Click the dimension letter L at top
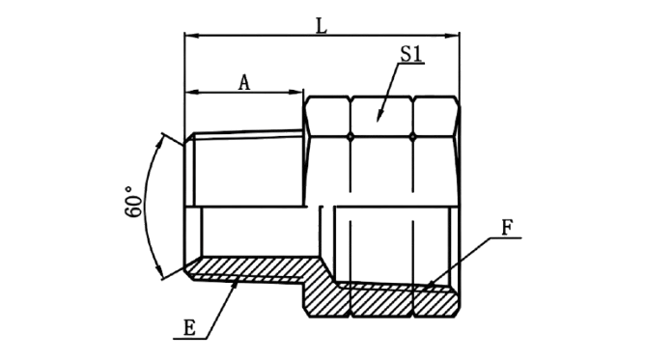[321, 26]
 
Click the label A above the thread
[244, 82]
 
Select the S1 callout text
[411, 54]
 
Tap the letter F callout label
[507, 228]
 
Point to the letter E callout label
[189, 328]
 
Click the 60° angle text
[133, 202]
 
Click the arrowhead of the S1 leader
[380, 116]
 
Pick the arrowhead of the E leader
[235, 283]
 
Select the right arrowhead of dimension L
[453, 36]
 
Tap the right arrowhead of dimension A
[296, 92]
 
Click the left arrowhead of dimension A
[192, 92]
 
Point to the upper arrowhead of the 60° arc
[158, 142]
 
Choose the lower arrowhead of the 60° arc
[158, 271]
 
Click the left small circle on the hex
[351, 136]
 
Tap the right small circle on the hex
[412, 136]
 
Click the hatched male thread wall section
[251, 268]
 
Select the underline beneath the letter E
[190, 339]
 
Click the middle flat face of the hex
[381, 117]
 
